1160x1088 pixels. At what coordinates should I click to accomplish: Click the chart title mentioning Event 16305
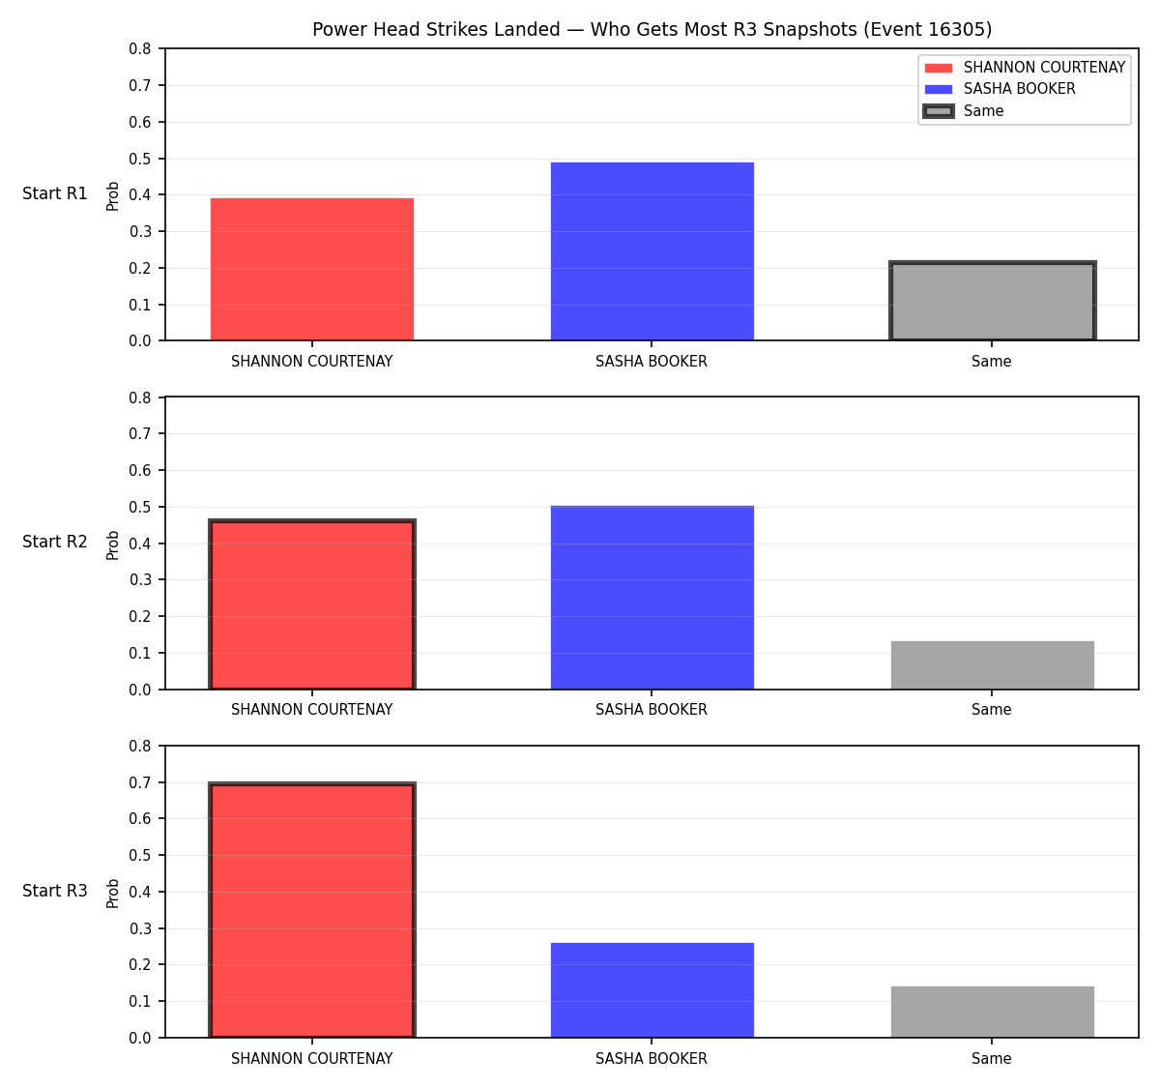pyautogui.click(x=652, y=29)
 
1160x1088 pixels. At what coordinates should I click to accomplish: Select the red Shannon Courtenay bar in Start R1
pyautogui.click(x=312, y=269)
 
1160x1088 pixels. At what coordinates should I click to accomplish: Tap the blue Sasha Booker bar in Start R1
pyautogui.click(x=652, y=251)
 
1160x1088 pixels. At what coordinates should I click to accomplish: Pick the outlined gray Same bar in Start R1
pyautogui.click(x=992, y=301)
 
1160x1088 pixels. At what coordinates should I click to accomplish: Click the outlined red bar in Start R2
pyautogui.click(x=312, y=604)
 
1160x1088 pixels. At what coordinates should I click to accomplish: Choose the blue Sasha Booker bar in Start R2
pyautogui.click(x=652, y=598)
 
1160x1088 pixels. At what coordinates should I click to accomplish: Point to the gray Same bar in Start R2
pyautogui.click(x=992, y=665)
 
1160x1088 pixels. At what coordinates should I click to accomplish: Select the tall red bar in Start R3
pyautogui.click(x=312, y=910)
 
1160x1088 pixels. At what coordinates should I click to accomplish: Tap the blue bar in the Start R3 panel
pyautogui.click(x=652, y=990)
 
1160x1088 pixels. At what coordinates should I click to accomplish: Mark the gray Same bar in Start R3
pyautogui.click(x=992, y=1012)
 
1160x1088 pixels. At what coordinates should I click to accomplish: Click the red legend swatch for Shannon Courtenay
pyautogui.click(x=938, y=68)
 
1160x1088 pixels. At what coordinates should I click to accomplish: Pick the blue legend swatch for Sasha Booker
pyautogui.click(x=938, y=89)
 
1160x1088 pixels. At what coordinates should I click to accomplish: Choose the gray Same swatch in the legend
pyautogui.click(x=938, y=110)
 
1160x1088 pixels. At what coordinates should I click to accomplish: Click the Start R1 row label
pyautogui.click(x=55, y=193)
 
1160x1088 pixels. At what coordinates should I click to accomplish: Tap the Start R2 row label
pyautogui.click(x=55, y=542)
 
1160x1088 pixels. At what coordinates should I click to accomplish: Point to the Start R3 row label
pyautogui.click(x=55, y=891)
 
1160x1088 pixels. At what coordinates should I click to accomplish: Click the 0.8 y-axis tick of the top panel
pyautogui.click(x=139, y=49)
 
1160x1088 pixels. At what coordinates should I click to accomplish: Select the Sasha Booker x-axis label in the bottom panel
pyautogui.click(x=652, y=1059)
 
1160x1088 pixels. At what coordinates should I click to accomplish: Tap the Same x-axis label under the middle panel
pyautogui.click(x=991, y=710)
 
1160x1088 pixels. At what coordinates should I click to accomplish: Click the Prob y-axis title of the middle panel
pyautogui.click(x=113, y=544)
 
